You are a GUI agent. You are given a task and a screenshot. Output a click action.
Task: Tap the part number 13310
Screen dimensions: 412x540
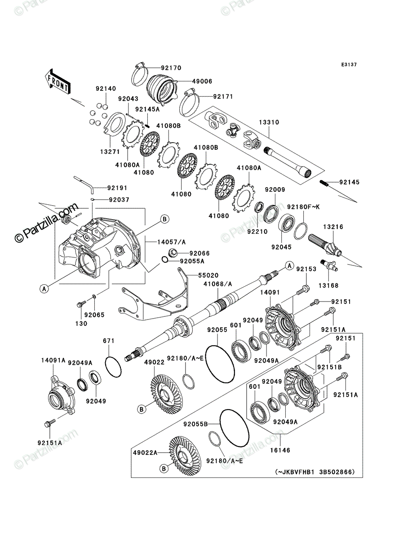coord(269,122)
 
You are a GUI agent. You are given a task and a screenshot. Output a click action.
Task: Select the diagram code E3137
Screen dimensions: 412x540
coord(349,65)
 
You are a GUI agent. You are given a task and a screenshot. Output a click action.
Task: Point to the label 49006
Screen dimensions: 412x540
coord(202,81)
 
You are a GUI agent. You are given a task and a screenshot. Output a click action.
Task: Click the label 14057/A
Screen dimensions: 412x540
coord(171,242)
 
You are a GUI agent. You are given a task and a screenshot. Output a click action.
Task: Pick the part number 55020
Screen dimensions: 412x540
coord(208,275)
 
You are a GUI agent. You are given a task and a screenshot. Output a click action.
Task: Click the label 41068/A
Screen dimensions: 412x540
coord(217,284)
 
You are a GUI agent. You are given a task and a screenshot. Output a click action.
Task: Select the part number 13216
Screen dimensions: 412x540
coord(333,227)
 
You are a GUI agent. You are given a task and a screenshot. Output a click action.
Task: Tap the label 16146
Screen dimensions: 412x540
coord(280,450)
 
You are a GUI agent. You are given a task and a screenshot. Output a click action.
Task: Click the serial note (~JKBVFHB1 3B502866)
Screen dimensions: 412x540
coord(315,472)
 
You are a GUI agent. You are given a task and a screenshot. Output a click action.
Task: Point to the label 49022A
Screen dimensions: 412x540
coord(145,453)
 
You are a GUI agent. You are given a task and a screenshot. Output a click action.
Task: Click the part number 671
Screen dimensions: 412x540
coord(109,341)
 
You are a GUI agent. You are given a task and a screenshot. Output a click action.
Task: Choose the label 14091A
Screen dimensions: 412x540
coord(53,360)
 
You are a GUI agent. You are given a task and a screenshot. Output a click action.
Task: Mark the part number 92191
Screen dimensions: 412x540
coord(117,188)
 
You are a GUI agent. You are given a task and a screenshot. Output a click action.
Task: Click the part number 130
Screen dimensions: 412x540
coord(81,324)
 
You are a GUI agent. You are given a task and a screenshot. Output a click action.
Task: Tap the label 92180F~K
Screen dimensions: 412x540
coord(303,207)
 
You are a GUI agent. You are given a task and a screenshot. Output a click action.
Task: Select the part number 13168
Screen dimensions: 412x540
coord(328,285)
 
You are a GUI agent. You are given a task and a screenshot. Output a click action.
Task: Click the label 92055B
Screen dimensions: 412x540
coord(195,424)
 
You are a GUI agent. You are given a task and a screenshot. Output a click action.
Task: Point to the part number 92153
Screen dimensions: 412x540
coord(306,269)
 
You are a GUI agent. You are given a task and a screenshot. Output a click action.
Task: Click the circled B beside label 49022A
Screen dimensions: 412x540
coord(164,469)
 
